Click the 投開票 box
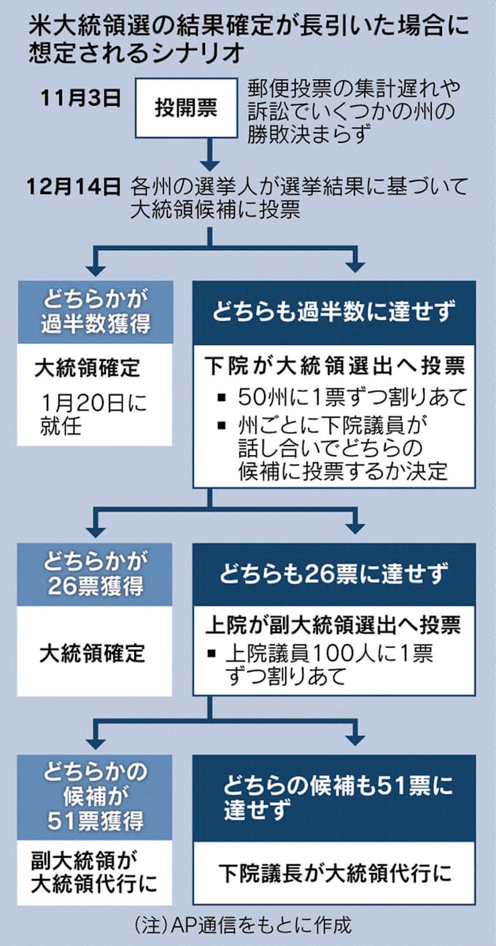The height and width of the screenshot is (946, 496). pyautogui.click(x=185, y=109)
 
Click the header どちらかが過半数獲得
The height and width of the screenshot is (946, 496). pyautogui.click(x=95, y=311)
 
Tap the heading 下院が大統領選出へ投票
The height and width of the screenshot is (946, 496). pyautogui.click(x=333, y=365)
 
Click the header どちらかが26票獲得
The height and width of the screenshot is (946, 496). pyautogui.click(x=95, y=575)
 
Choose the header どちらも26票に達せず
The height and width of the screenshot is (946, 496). pyautogui.click(x=334, y=573)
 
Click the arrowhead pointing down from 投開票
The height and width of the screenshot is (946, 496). pyautogui.click(x=210, y=160)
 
